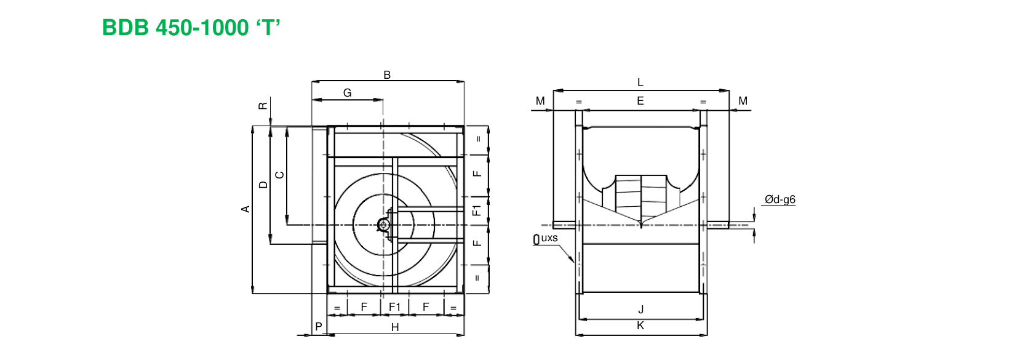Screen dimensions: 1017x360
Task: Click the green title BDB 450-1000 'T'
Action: click(x=191, y=28)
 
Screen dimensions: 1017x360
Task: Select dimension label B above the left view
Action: click(x=387, y=75)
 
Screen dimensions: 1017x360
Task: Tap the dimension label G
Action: click(x=348, y=92)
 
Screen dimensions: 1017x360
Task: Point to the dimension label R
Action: click(x=263, y=106)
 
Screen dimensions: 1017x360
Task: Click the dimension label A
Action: click(x=245, y=209)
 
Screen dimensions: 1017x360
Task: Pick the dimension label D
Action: click(x=263, y=185)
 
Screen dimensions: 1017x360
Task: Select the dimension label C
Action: click(x=280, y=175)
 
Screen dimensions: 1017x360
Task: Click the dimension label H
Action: click(x=395, y=327)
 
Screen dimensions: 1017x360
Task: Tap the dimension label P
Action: click(x=319, y=326)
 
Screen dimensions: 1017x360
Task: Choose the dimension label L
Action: click(x=640, y=82)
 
